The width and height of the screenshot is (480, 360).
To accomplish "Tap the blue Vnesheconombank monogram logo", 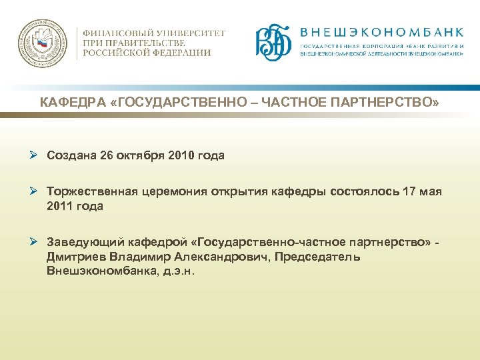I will [x=274, y=43].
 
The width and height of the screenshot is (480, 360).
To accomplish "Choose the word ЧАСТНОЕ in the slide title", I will [x=293, y=103].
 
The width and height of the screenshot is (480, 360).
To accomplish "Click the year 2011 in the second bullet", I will [x=61, y=207].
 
